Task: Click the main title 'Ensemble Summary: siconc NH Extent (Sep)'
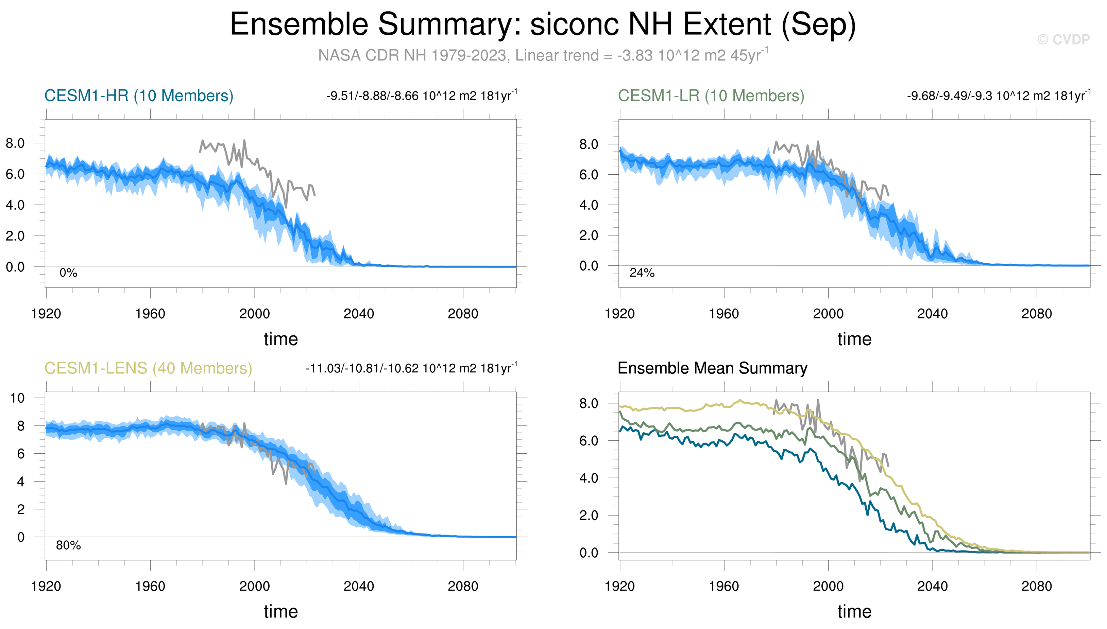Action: pyautogui.click(x=542, y=24)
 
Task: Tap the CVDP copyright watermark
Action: pyautogui.click(x=1063, y=40)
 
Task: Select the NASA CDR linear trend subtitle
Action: pyautogui.click(x=543, y=55)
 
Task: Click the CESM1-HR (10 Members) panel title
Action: pyautogui.click(x=139, y=95)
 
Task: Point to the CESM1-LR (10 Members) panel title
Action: pyautogui.click(x=711, y=95)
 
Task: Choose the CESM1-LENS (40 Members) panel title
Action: pyautogui.click(x=148, y=368)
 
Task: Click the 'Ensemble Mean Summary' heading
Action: pyautogui.click(x=712, y=368)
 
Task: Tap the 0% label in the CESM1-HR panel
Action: pyautogui.click(x=68, y=273)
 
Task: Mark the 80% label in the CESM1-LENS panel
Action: pyautogui.click(x=68, y=545)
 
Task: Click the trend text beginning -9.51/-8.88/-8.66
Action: pyautogui.click(x=421, y=95)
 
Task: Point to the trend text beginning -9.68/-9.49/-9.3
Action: pyautogui.click(x=999, y=95)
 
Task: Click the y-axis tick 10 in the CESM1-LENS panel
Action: pyautogui.click(x=17, y=398)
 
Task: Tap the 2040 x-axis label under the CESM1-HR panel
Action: pyautogui.click(x=359, y=314)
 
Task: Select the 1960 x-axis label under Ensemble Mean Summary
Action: pyautogui.click(x=724, y=586)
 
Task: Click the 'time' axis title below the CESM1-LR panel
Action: pyautogui.click(x=854, y=339)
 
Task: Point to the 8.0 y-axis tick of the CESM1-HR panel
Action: pyautogui.click(x=15, y=143)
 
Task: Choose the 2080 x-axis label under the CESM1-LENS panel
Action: pyautogui.click(x=463, y=586)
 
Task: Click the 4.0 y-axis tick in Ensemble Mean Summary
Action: pyautogui.click(x=589, y=478)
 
